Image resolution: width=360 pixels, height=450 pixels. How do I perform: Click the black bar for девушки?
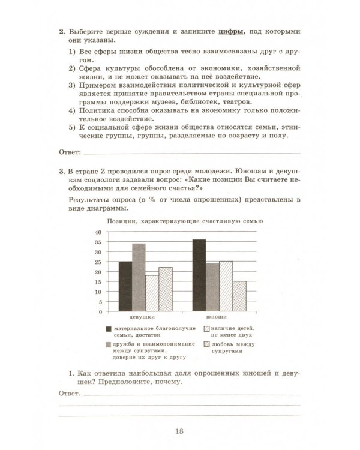point(125,286)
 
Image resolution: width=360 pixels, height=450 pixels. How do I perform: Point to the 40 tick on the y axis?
point(98,232)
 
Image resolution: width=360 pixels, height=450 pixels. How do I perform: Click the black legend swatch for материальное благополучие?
point(109,329)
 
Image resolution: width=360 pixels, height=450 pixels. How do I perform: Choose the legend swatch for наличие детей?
point(206,329)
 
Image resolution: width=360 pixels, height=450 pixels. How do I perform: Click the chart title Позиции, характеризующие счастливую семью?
point(185,221)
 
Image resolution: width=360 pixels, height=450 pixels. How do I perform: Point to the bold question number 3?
point(62,171)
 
